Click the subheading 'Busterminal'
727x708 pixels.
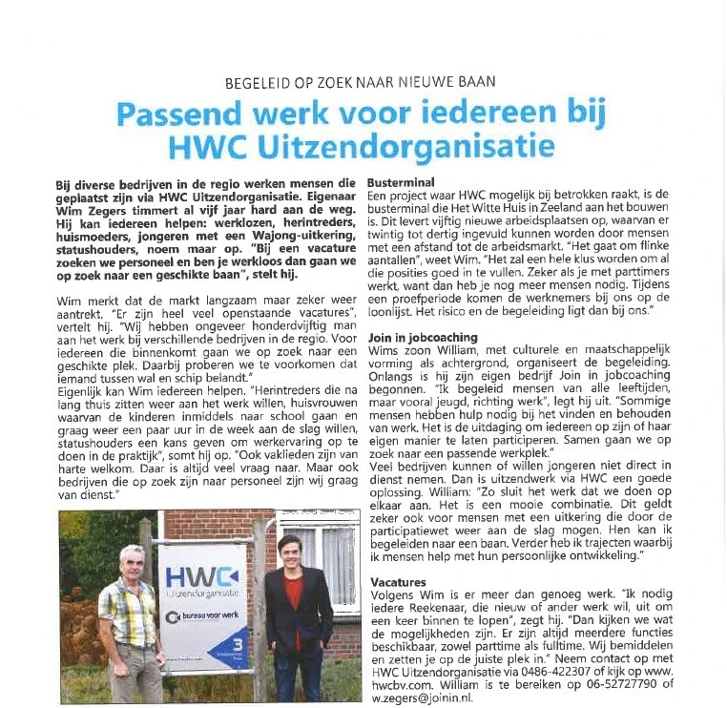(x=402, y=180)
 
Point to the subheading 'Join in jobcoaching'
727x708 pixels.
(x=426, y=337)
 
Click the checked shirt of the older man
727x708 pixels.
(x=129, y=611)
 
